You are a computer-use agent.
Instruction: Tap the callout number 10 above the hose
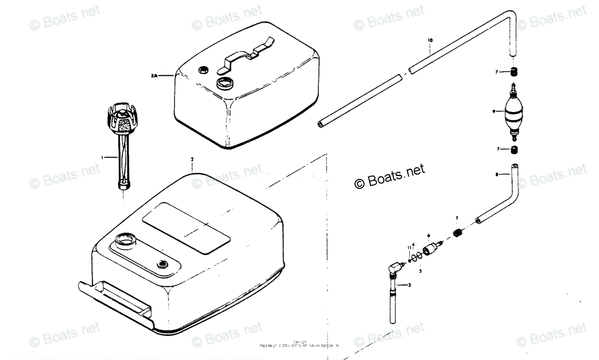coord(430,39)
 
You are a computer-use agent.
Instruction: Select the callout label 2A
coord(154,75)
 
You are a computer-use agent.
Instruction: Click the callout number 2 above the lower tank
coord(192,159)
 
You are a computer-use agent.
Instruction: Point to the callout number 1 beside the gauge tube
coord(102,157)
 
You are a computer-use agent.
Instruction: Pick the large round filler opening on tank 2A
coord(225,81)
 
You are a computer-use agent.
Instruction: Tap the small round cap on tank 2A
coord(203,69)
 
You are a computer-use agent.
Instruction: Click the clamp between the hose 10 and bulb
coord(514,72)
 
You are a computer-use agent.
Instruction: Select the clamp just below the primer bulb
coord(514,150)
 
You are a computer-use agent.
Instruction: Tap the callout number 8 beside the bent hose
coord(497,174)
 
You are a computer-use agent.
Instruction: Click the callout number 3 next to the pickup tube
coord(409,285)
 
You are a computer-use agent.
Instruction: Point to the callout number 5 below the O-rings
coord(420,270)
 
